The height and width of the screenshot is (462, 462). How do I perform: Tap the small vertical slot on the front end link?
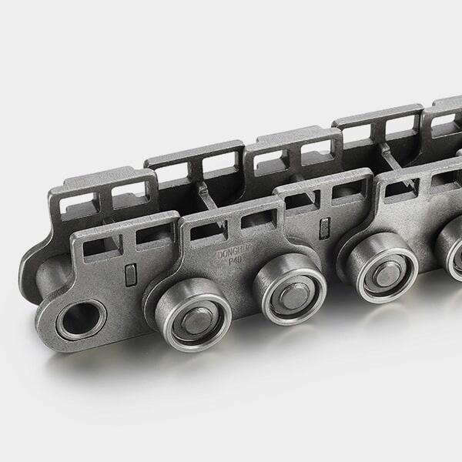pyautogui.click(x=130, y=273)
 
